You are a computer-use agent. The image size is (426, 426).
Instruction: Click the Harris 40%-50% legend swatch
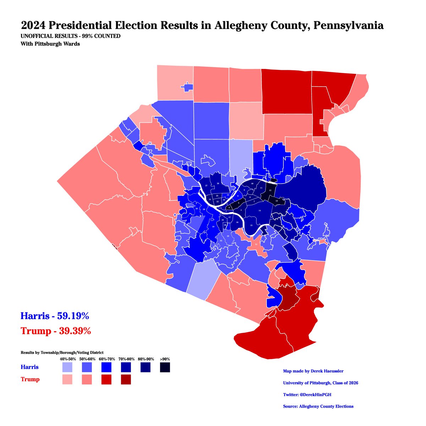coord(67,367)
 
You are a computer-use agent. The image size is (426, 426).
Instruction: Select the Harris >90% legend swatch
coord(164,367)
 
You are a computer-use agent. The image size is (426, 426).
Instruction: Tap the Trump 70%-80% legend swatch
coord(125,379)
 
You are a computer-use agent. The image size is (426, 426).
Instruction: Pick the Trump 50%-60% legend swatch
coord(87,379)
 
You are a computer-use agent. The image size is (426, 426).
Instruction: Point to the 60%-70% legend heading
coord(106,359)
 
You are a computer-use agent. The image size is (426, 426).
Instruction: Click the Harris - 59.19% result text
coord(55,315)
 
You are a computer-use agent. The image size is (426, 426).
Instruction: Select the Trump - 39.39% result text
coord(56,331)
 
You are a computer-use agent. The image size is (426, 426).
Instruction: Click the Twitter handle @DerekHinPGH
coord(307,395)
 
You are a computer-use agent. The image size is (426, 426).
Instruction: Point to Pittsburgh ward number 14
coord(260,211)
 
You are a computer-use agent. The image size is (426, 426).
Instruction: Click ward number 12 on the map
coord(270,191)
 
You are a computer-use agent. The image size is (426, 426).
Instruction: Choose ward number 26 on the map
coord(218,184)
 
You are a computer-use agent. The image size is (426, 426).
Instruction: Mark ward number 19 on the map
coord(213,226)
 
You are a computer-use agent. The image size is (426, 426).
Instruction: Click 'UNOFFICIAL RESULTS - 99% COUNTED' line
coord(71,37)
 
